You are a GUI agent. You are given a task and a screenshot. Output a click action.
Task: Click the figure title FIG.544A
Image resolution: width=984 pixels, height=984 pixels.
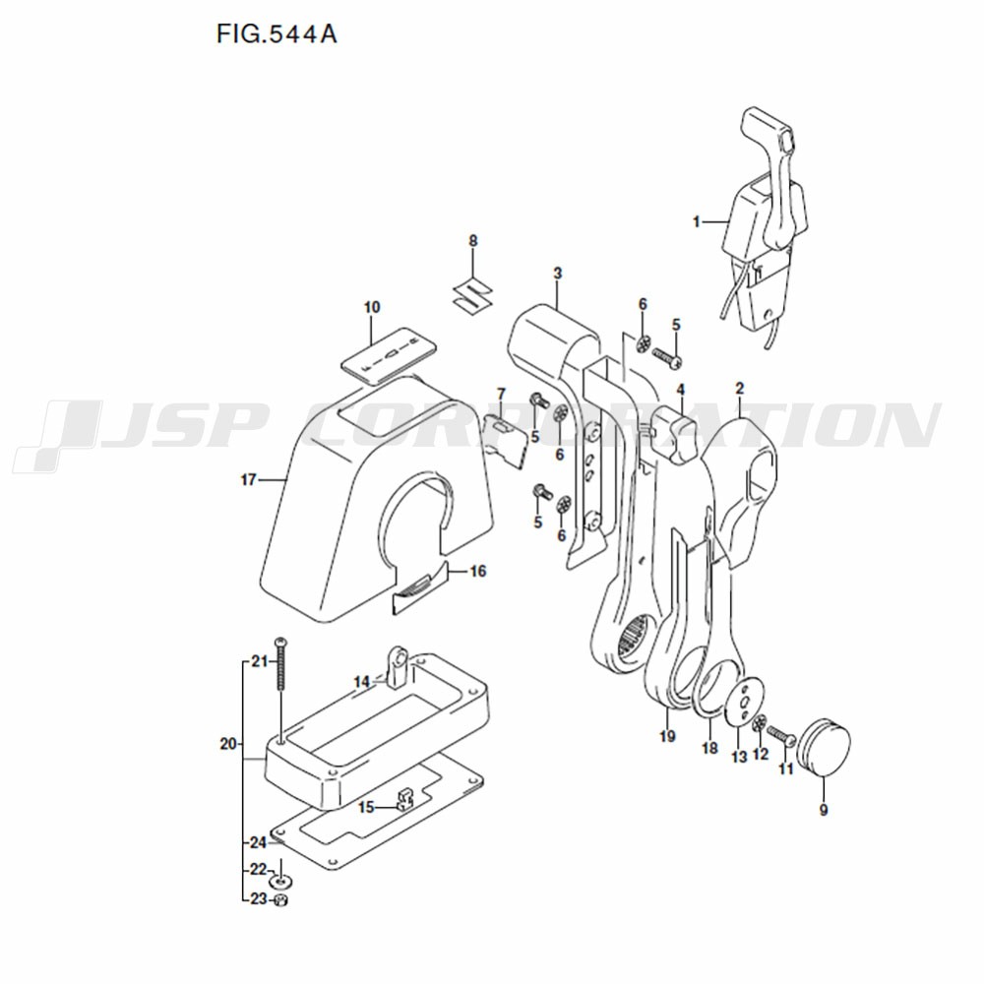click(277, 33)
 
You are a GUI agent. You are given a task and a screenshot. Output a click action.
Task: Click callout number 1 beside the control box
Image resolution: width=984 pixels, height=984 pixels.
click(696, 221)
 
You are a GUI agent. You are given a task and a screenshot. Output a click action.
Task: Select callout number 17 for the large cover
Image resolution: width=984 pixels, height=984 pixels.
click(249, 479)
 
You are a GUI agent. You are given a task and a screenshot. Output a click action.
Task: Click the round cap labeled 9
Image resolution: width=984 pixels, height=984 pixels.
click(824, 747)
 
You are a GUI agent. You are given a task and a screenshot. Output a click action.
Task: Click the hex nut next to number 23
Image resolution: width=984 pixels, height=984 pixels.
click(281, 900)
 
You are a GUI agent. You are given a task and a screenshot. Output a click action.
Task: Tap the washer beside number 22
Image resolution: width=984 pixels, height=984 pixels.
click(280, 881)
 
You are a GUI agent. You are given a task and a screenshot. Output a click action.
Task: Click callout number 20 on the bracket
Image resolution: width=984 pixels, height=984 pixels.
click(228, 744)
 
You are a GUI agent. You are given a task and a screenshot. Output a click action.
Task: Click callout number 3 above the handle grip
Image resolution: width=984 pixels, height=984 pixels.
click(557, 274)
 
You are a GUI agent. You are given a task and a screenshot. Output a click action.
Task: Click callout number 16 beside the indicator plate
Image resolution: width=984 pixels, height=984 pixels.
click(478, 571)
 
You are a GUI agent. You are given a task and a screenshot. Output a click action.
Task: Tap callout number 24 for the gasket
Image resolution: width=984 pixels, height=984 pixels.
click(258, 842)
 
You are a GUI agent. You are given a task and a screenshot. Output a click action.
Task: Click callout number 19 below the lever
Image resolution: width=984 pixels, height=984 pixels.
click(667, 735)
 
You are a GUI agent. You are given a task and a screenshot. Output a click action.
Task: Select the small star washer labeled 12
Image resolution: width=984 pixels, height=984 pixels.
click(759, 723)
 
